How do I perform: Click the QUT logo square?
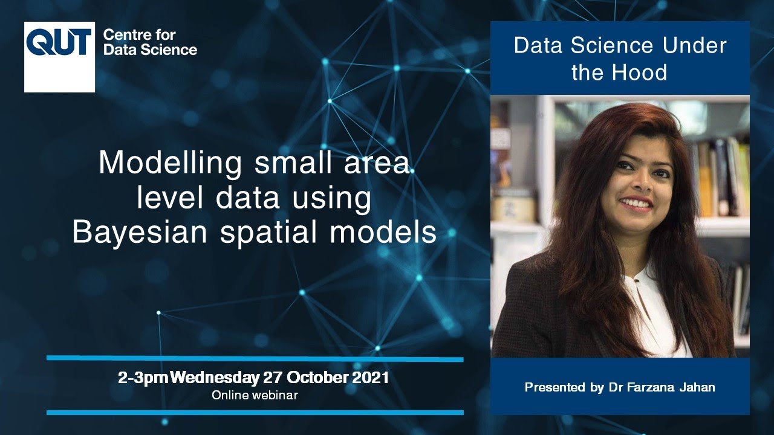pyautogui.click(x=59, y=57)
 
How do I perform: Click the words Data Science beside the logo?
pyautogui.click(x=150, y=50)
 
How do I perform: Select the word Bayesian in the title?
pyautogui.click(x=141, y=232)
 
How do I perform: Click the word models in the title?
pyautogui.click(x=387, y=232)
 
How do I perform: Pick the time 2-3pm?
pyautogui.click(x=143, y=379)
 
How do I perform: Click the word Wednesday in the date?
pyautogui.click(x=215, y=379)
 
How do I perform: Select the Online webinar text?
pyautogui.click(x=255, y=395)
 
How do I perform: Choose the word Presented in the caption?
pyautogui.click(x=555, y=387)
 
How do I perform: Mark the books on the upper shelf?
pyautogui.click(x=723, y=175)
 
